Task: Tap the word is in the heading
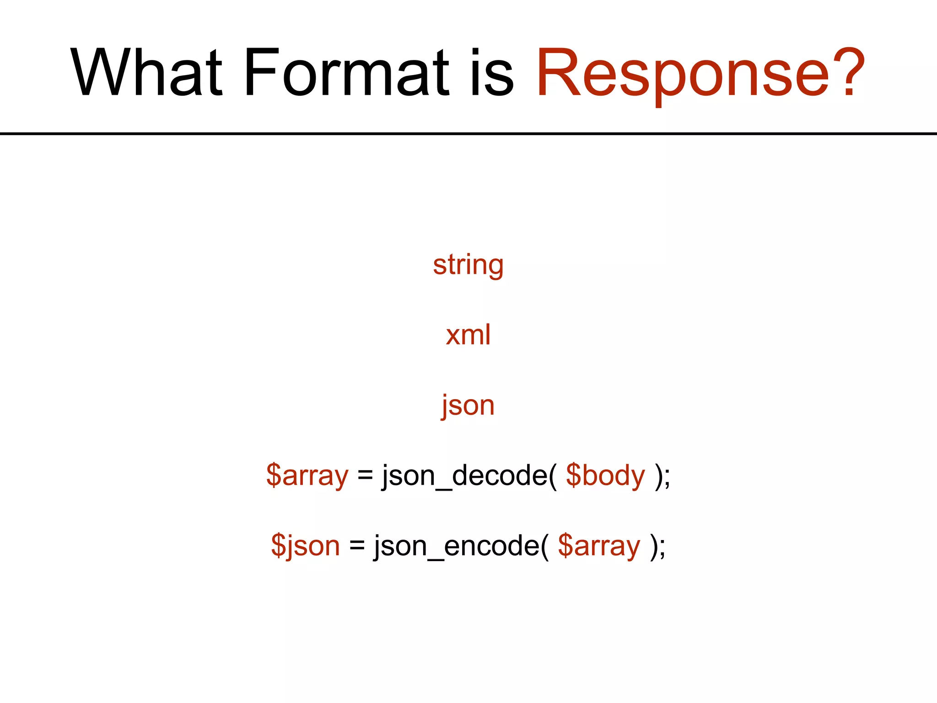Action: click(492, 73)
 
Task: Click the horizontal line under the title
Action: click(468, 134)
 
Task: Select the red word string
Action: click(468, 265)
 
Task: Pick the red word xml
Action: click(468, 335)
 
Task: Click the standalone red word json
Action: click(468, 406)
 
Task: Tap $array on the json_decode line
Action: click(307, 476)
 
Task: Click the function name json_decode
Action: click(464, 476)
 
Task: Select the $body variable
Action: click(605, 476)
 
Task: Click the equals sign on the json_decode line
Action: click(365, 476)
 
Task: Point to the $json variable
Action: click(305, 546)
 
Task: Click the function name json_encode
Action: click(457, 546)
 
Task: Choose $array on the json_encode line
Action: click(598, 546)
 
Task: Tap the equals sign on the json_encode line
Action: click(357, 546)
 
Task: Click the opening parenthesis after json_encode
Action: click(544, 546)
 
